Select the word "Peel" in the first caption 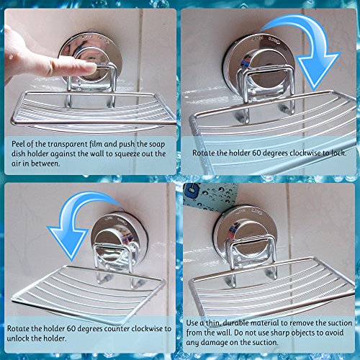tap(18, 144)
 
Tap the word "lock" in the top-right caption tap(338, 153)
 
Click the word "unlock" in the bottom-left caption tap(18, 338)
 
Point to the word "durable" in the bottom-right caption tap(236, 323)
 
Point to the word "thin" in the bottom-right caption tap(212, 323)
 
